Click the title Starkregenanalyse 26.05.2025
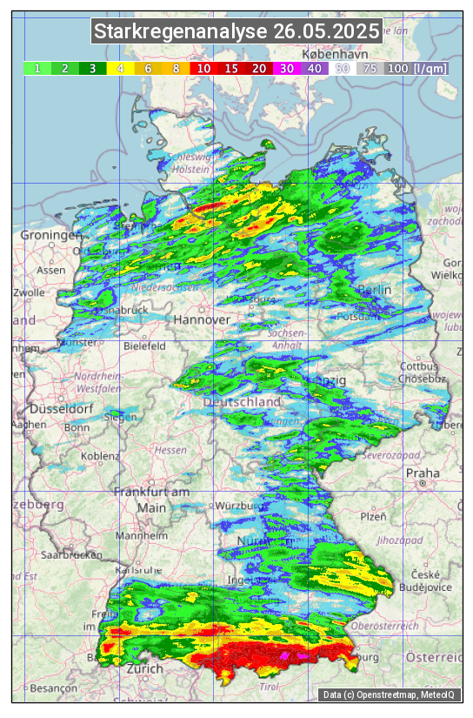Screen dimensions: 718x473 coord(236,32)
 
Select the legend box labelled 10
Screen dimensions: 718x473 coord(204,68)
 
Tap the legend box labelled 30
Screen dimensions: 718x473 coord(287,68)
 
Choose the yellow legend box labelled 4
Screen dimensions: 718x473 coord(121,68)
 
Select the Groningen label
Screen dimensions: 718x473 coord(50,236)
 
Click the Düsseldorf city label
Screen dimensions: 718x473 coord(61,408)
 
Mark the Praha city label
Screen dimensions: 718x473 coord(423,473)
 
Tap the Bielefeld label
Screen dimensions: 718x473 coord(144,346)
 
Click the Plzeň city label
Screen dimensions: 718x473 coord(373,516)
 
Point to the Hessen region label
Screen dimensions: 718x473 coord(170,450)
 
